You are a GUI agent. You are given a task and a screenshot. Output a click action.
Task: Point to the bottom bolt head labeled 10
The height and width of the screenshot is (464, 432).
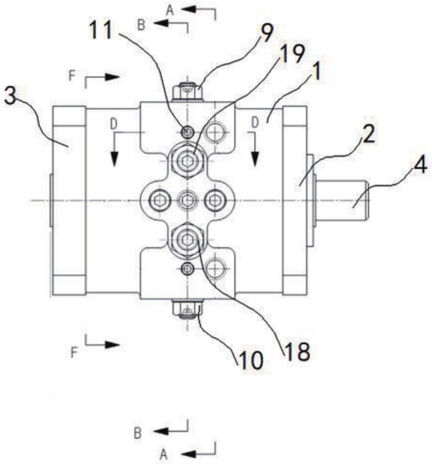(x=187, y=308)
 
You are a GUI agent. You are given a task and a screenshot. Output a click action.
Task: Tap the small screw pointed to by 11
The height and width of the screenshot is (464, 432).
(x=187, y=132)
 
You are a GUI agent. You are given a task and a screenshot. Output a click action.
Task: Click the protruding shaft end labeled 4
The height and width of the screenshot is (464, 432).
(x=341, y=200)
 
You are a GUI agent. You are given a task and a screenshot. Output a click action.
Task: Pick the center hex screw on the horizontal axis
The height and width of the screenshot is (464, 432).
(x=188, y=200)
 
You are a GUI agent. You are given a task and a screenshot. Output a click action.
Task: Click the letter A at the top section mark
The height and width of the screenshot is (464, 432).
(x=170, y=10)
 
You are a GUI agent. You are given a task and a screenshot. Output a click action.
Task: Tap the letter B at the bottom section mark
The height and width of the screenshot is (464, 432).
(x=137, y=433)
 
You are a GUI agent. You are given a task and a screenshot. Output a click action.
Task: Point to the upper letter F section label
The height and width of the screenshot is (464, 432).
(x=72, y=77)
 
